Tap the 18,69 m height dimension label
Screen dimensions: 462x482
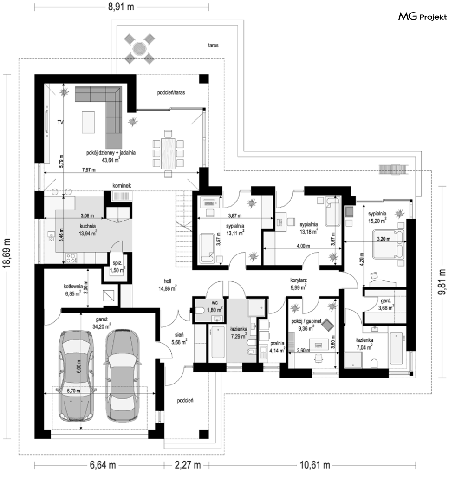7,253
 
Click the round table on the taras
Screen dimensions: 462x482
139,49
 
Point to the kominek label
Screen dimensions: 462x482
122,185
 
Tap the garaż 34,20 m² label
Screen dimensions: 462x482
101,323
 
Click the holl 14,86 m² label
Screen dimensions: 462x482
168,285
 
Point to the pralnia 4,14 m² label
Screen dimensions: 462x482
277,347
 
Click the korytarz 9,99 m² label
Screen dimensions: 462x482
299,284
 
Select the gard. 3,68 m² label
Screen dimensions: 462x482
386,304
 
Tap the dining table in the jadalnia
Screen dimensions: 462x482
168,154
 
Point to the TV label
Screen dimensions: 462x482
60,122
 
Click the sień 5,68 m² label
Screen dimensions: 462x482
179,338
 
